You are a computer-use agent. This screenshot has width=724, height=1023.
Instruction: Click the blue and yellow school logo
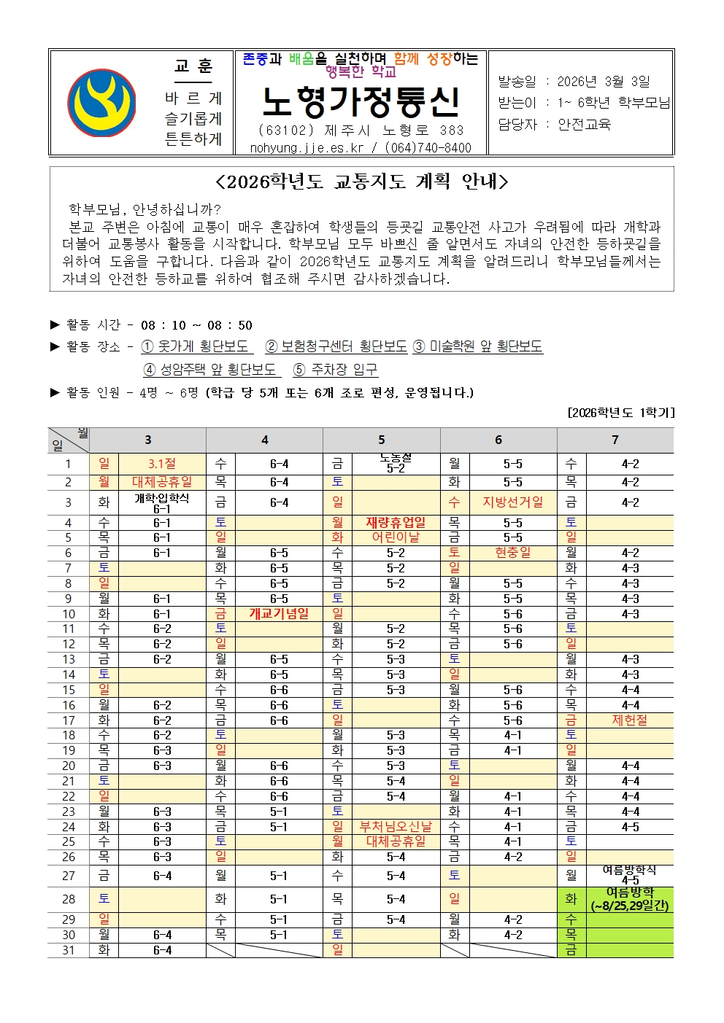(101, 103)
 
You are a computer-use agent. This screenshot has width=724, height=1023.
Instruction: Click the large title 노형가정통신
(361, 103)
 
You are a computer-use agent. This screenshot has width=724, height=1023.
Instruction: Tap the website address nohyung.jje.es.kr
(307, 148)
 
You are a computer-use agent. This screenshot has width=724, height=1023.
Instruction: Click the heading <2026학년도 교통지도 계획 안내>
(361, 182)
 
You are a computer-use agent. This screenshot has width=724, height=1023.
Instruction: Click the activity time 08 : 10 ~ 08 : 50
(196, 325)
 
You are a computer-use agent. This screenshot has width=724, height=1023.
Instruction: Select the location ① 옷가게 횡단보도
(195, 346)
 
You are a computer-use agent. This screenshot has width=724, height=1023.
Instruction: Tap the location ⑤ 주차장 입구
(335, 370)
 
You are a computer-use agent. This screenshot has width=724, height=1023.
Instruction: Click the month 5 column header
(381, 440)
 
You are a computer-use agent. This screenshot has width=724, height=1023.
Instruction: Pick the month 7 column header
(615, 440)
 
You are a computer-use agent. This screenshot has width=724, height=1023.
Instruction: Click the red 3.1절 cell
(162, 464)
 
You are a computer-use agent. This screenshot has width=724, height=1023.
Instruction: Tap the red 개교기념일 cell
(279, 614)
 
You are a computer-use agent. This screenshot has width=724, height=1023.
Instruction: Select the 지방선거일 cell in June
(512, 502)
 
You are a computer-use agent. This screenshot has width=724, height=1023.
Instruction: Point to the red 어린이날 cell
(396, 537)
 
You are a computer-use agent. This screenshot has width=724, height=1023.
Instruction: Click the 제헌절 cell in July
(629, 720)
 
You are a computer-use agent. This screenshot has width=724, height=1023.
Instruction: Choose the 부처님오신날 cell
(396, 827)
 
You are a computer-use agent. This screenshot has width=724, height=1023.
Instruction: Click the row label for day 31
(69, 950)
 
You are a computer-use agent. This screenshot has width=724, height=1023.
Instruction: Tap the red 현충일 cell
(512, 553)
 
